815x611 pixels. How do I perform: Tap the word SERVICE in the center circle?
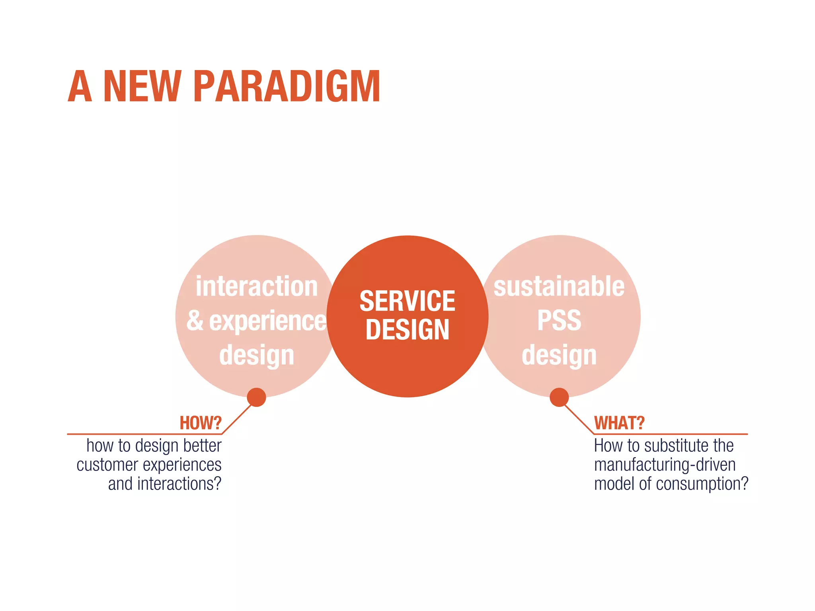pyautogui.click(x=407, y=301)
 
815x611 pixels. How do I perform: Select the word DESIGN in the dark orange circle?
pyautogui.click(x=407, y=330)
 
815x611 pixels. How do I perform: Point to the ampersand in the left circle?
pyautogui.click(x=195, y=321)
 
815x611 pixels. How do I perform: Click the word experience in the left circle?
pyautogui.click(x=267, y=321)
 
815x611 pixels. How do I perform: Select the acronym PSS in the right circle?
pyautogui.click(x=559, y=321)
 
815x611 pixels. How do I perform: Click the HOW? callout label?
pyautogui.click(x=200, y=423)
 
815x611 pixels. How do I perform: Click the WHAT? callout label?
pyautogui.click(x=619, y=423)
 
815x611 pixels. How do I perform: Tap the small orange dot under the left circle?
pyautogui.click(x=256, y=397)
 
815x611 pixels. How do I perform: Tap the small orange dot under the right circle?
pyautogui.click(x=559, y=397)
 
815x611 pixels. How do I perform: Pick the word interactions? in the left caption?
pyautogui.click(x=179, y=484)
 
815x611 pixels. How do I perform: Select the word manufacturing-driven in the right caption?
pyautogui.click(x=665, y=465)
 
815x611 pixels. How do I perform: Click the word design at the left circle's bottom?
pyautogui.click(x=257, y=356)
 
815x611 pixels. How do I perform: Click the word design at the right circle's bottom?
pyautogui.click(x=559, y=356)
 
